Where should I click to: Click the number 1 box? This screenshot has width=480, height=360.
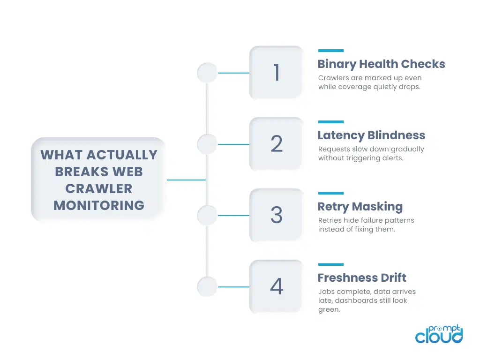276,73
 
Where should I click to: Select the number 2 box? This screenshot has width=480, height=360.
276,144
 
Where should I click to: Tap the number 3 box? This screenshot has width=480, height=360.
276,215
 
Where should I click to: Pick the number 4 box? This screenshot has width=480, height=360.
276,286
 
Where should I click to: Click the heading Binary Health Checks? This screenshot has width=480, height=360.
381,64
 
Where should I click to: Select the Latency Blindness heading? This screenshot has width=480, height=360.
371,135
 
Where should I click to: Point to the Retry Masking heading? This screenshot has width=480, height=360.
360,207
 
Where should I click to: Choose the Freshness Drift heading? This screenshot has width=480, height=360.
362,278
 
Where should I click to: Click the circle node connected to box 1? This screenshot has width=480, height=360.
207,73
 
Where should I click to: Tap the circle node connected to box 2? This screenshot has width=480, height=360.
207,144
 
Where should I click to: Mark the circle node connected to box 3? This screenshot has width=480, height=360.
207,216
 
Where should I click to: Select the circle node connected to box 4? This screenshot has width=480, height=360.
207,287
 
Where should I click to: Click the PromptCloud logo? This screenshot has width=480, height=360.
439,334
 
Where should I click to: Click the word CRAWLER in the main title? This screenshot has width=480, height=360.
99,188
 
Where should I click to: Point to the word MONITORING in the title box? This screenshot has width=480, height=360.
99,205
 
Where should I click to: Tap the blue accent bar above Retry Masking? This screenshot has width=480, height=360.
330,193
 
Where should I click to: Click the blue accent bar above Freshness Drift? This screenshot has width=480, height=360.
330,264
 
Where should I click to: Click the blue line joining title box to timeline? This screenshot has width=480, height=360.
186,180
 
